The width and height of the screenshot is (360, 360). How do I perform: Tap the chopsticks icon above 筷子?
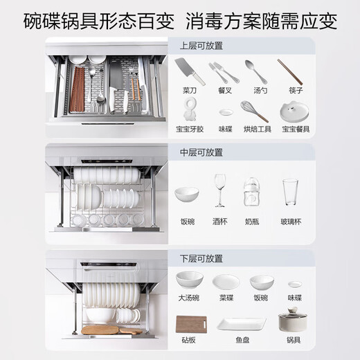[290, 71]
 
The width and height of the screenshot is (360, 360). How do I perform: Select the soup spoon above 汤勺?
[255, 71]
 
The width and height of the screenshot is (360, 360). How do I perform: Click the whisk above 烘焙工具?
[254, 110]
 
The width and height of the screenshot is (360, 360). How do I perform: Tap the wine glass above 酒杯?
[220, 190]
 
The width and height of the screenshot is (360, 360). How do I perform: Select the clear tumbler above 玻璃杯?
[290, 192]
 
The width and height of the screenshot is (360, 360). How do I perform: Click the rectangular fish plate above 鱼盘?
[240, 323]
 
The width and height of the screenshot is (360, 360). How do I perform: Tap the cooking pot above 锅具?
[293, 321]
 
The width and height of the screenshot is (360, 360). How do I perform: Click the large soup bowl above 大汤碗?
[189, 280]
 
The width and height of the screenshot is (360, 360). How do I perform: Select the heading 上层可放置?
[201, 46]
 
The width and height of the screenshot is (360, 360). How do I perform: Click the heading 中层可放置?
[201, 152]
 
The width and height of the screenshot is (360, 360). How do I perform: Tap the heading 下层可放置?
[201, 258]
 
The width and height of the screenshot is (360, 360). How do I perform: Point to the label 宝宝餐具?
[294, 129]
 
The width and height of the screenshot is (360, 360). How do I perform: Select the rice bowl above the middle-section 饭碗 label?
[186, 194]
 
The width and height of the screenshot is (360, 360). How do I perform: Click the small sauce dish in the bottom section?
[294, 284]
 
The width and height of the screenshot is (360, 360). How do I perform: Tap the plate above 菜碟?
[226, 282]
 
